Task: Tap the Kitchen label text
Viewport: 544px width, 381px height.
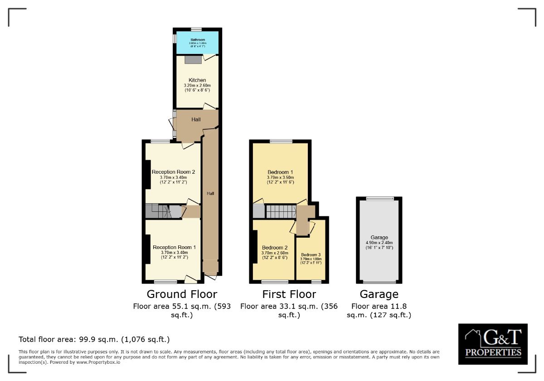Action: pyautogui.click(x=197, y=80)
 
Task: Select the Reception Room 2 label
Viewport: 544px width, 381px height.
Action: pyautogui.click(x=173, y=172)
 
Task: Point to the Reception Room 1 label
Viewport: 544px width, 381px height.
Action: pyautogui.click(x=174, y=247)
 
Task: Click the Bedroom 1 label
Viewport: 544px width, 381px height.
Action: pyautogui.click(x=280, y=172)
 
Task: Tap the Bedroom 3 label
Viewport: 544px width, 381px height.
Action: pyautogui.click(x=311, y=254)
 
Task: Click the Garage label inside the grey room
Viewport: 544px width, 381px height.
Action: pyautogui.click(x=379, y=237)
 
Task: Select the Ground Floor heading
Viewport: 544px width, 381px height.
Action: pyautogui.click(x=182, y=294)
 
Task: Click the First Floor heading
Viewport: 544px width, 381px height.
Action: pyautogui.click(x=289, y=294)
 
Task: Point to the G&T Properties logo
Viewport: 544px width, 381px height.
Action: pyautogui.click(x=493, y=344)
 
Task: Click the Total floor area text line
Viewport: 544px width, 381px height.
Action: pyautogui.click(x=94, y=339)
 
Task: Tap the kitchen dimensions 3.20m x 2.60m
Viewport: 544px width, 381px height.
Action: pyautogui.click(x=197, y=85)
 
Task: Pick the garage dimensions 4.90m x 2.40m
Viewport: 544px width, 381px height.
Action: pyautogui.click(x=379, y=242)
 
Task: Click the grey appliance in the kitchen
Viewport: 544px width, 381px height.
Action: pyautogui.click(x=193, y=59)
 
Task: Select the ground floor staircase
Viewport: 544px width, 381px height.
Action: pyautogui.click(x=163, y=211)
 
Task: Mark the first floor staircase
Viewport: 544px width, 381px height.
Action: pyautogui.click(x=281, y=211)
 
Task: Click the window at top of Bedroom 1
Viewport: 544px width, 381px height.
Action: pyautogui.click(x=281, y=142)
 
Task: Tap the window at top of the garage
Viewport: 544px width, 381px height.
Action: pyautogui.click(x=380, y=198)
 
